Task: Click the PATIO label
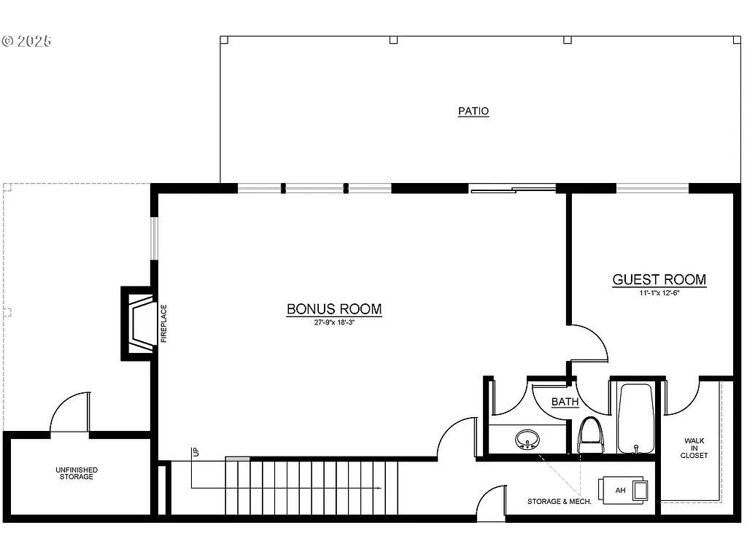pos(473,112)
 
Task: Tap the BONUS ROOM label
pos(334,309)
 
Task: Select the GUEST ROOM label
pos(659,279)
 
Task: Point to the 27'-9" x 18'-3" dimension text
pos(334,322)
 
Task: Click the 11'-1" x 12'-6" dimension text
pos(659,293)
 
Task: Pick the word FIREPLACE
pos(163,323)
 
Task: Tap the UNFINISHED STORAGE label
pos(77,473)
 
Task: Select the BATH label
pos(565,402)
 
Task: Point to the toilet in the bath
pos(590,436)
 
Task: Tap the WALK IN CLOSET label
pos(694,448)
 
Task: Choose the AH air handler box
pos(622,490)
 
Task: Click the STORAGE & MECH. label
pos(554,502)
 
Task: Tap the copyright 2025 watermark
pos(27,41)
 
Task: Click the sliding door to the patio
pos(513,190)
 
